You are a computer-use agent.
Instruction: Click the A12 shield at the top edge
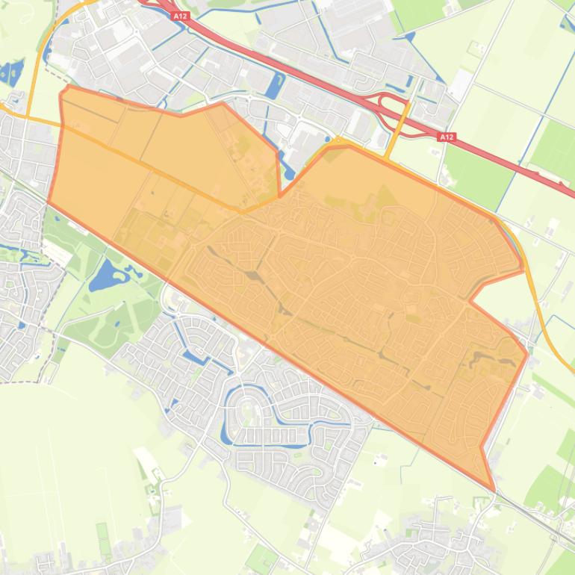pos(179,15)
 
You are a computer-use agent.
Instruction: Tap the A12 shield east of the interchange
pos(447,137)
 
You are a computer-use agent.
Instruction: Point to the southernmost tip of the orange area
pos(493,489)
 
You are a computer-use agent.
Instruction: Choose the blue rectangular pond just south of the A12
pos(275,86)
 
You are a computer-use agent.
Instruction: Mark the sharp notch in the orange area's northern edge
pos(280,196)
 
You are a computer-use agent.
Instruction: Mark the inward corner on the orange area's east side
pos(470,300)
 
